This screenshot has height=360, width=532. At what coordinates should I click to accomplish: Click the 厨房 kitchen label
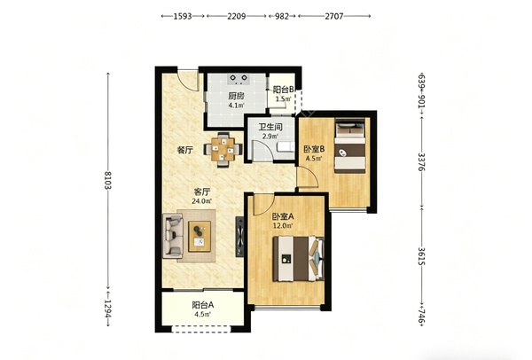click(x=236, y=96)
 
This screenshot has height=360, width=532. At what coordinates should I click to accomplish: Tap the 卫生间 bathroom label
click(x=270, y=127)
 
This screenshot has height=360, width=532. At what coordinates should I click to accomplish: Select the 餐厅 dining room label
click(x=185, y=150)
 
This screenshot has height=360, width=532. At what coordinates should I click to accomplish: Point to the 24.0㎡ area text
click(x=202, y=201)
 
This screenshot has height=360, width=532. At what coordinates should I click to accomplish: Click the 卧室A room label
click(x=283, y=216)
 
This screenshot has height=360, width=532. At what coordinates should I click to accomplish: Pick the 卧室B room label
click(x=314, y=149)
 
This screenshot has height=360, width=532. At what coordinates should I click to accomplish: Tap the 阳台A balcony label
click(x=202, y=305)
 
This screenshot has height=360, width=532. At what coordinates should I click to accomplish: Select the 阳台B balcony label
click(x=284, y=90)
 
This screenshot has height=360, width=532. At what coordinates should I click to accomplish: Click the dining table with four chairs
click(x=223, y=150)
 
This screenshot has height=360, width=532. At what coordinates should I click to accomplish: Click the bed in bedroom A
click(x=299, y=259)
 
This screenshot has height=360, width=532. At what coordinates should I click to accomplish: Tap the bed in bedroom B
click(x=350, y=145)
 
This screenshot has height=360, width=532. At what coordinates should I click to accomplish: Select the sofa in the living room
click(x=173, y=236)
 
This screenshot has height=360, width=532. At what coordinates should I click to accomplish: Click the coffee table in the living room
click(x=199, y=236)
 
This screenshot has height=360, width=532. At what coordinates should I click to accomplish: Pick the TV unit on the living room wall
click(x=239, y=237)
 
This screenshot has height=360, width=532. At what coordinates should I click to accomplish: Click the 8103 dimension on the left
click(x=108, y=180)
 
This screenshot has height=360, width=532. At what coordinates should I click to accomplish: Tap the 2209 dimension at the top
click(x=237, y=16)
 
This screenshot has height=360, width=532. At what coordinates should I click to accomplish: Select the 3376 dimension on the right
click(x=422, y=162)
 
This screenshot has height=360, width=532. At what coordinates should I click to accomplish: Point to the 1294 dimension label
click(x=108, y=309)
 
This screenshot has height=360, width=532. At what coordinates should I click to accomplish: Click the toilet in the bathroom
click(x=286, y=146)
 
